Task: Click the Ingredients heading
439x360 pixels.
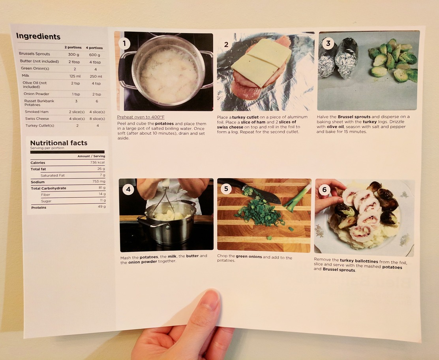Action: click(38, 36)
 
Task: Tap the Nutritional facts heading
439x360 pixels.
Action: click(59, 143)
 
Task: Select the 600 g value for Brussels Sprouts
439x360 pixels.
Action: click(95, 55)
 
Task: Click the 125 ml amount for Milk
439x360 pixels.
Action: click(75, 76)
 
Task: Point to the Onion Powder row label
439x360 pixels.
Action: click(36, 94)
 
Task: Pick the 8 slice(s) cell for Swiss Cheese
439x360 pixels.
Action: click(97, 119)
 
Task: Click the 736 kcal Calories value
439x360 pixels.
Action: click(98, 162)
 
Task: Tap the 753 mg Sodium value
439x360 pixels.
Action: click(99, 181)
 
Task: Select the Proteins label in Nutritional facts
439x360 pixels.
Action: click(39, 207)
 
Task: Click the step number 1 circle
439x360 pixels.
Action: click(124, 43)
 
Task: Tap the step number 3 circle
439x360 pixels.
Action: click(328, 43)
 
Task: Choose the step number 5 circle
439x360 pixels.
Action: click(226, 189)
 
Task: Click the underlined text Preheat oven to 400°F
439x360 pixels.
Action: click(141, 117)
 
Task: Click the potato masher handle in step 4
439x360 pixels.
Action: click(166, 184)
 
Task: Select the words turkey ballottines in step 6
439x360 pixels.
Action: click(359, 261)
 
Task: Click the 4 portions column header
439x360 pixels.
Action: click(94, 48)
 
